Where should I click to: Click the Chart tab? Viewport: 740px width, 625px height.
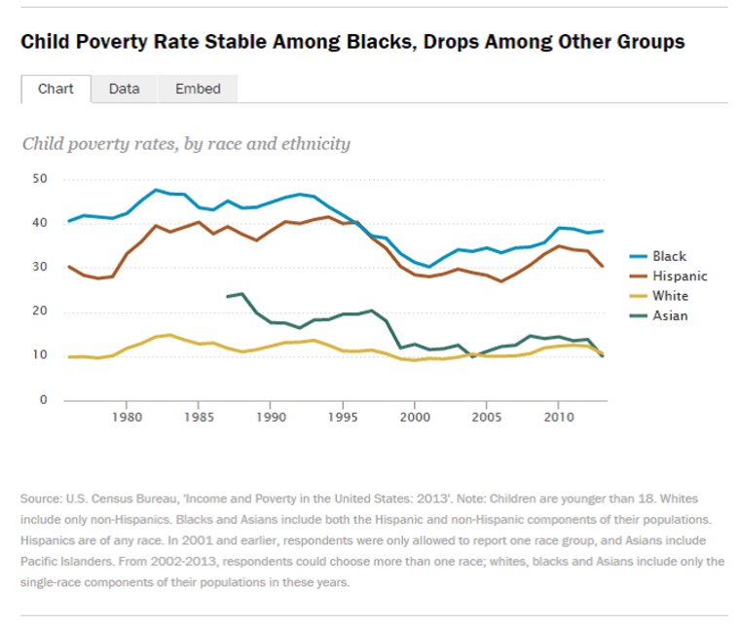[x=55, y=89]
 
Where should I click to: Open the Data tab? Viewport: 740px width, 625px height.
[x=124, y=89]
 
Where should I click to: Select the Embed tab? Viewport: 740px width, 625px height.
[x=198, y=89]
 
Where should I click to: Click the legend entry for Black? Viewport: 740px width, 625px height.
[x=669, y=257]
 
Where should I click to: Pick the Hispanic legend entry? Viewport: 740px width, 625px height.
[x=680, y=276]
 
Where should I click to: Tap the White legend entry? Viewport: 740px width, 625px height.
[x=670, y=296]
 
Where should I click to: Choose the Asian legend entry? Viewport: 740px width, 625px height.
[x=670, y=315]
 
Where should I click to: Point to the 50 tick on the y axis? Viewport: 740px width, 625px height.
[x=39, y=179]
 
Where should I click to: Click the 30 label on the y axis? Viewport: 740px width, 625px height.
[x=39, y=268]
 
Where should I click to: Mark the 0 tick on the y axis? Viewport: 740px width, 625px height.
[x=43, y=400]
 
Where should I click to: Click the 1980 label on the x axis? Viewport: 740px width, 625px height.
[x=127, y=418]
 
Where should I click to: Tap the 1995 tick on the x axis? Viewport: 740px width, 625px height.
[x=343, y=418]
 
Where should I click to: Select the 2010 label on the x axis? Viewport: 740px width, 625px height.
[x=558, y=418]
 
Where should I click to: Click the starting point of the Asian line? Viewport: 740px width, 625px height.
[x=228, y=296]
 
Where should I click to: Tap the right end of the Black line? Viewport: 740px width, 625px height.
[x=604, y=231]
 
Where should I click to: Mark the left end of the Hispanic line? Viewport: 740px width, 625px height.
[x=68, y=266]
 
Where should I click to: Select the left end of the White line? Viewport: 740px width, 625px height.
[x=68, y=357]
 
